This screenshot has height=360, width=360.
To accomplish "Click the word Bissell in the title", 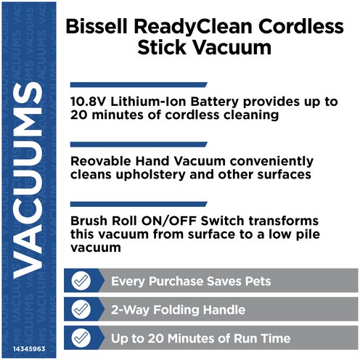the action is point(97,26).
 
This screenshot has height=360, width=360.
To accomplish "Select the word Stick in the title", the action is point(162,47).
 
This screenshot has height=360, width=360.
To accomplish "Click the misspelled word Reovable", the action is point(101,161).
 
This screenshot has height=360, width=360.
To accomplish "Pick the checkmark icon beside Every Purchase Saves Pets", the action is point(81,281).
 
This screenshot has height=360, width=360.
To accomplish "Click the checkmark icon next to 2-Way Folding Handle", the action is point(81,309).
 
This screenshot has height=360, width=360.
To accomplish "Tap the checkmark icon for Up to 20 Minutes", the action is point(81,337).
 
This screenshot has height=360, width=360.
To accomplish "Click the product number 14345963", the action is point(29,349).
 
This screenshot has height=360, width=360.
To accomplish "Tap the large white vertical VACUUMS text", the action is point(28,180).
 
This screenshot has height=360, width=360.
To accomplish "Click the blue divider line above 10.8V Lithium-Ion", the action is point(139,85).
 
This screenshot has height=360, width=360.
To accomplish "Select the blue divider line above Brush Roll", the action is point(139,204).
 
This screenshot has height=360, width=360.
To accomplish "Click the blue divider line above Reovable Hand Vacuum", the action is point(139,144).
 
